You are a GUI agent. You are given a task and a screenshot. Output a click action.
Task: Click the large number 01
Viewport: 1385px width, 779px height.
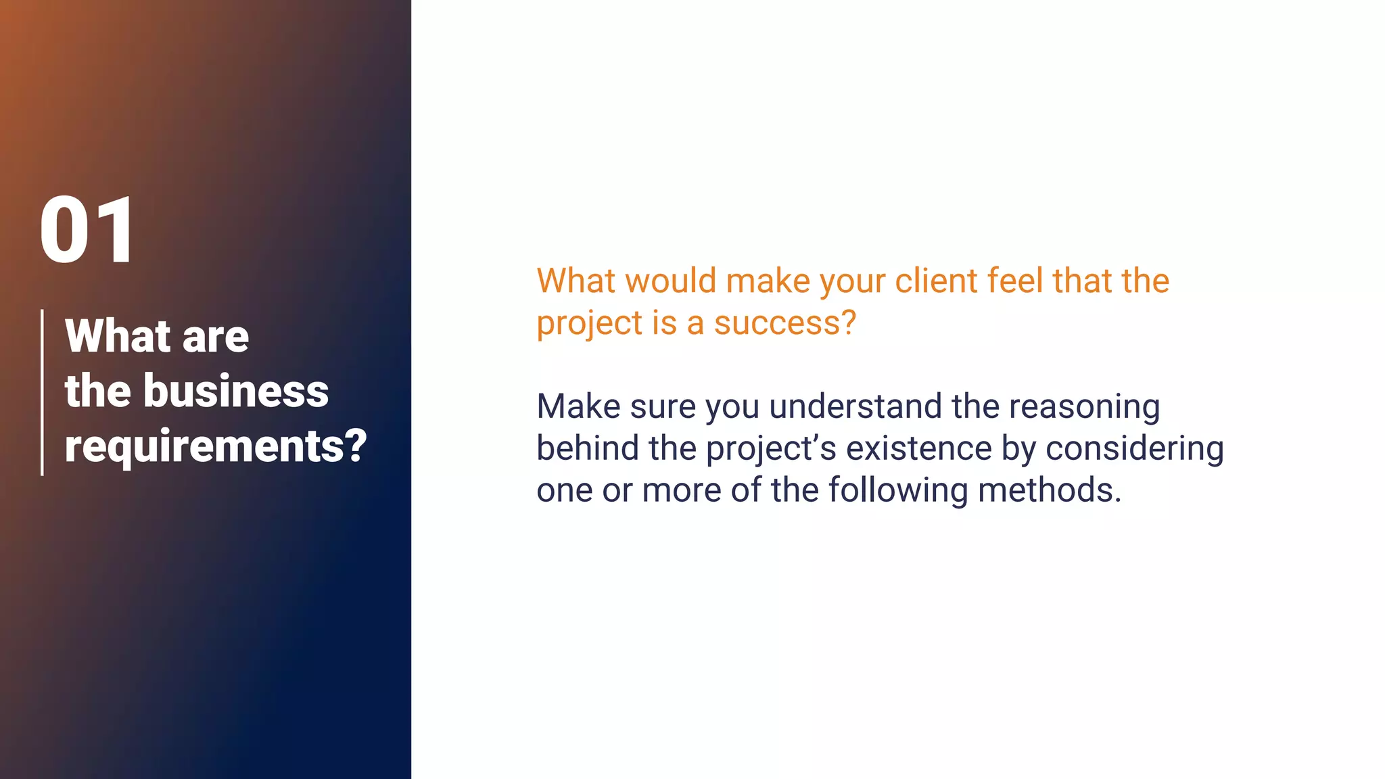pos(89,230)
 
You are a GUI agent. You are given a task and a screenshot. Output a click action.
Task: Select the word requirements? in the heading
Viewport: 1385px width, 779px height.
pos(216,446)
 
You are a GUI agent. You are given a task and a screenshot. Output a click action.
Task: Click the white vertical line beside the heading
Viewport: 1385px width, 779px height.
pos(43,392)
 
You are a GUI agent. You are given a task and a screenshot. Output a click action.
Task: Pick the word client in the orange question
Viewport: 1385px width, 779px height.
pos(936,281)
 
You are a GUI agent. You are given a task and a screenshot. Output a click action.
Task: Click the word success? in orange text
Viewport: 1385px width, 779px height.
pos(785,323)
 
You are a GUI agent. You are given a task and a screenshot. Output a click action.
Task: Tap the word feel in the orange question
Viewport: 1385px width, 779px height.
pos(1014,281)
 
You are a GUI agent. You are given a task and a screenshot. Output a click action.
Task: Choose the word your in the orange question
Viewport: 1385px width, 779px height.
pos(853,282)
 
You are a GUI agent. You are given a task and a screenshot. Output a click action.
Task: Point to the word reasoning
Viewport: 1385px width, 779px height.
pos(1084,408)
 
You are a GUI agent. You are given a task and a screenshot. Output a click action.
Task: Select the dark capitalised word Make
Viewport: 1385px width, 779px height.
pos(578,406)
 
